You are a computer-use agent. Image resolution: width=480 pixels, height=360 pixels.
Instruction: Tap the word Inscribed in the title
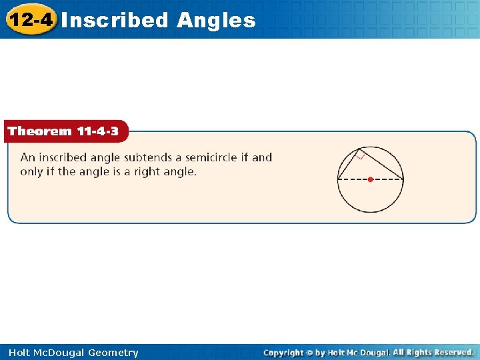pyautogui.click(x=115, y=20)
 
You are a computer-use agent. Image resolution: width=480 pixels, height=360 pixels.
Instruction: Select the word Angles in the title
pyautogui.click(x=216, y=20)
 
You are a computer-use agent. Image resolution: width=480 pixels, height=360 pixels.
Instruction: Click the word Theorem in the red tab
pyautogui.click(x=39, y=131)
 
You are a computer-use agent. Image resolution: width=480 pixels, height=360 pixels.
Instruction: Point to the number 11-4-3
pyautogui.click(x=97, y=131)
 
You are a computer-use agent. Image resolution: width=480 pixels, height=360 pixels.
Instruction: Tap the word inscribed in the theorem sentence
pyautogui.click(x=63, y=158)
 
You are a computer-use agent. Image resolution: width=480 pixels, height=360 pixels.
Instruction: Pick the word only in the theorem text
pyautogui.click(x=31, y=172)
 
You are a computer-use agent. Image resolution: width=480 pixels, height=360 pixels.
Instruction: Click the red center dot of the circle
pyautogui.click(x=371, y=179)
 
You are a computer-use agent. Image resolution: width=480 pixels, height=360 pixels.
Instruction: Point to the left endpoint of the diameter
pyautogui.click(x=338, y=179)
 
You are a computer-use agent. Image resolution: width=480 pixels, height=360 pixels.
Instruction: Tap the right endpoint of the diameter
pyautogui.click(x=403, y=179)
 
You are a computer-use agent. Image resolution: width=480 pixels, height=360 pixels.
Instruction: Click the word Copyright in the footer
pyautogui.click(x=283, y=353)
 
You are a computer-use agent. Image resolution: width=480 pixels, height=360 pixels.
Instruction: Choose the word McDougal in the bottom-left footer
pyautogui.click(x=58, y=353)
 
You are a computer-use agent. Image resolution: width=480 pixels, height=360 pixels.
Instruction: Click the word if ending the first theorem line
pyautogui.click(x=243, y=158)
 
